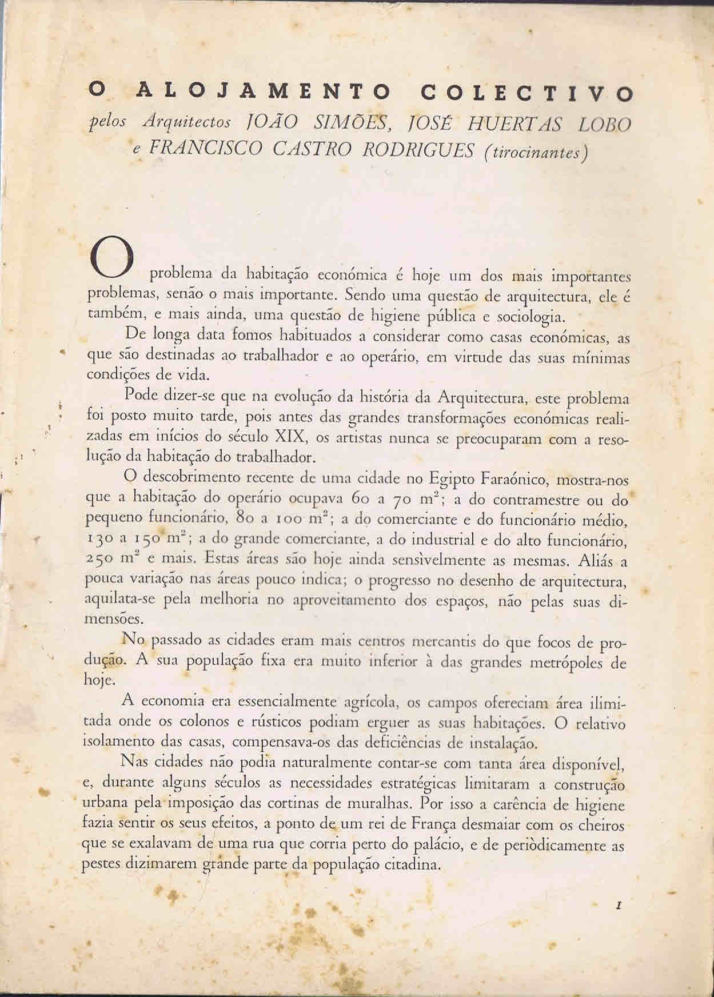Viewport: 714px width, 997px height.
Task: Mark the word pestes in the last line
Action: click(x=101, y=865)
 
